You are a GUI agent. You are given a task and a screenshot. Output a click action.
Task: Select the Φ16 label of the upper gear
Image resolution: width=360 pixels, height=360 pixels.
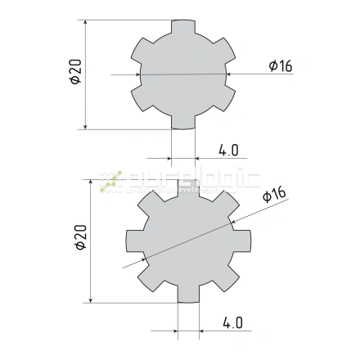281,66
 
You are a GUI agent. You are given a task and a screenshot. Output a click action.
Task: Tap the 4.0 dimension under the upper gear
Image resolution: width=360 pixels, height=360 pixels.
228,150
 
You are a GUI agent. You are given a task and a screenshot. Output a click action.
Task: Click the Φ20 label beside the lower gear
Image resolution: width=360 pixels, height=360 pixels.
79,238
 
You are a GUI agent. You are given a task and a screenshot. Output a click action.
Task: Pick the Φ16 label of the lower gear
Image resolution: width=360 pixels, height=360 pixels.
274,194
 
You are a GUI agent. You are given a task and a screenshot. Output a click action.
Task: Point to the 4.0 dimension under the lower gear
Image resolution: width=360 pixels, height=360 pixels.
232,322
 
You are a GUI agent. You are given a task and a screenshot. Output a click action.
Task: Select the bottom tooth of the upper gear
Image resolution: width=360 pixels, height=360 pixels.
183,120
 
